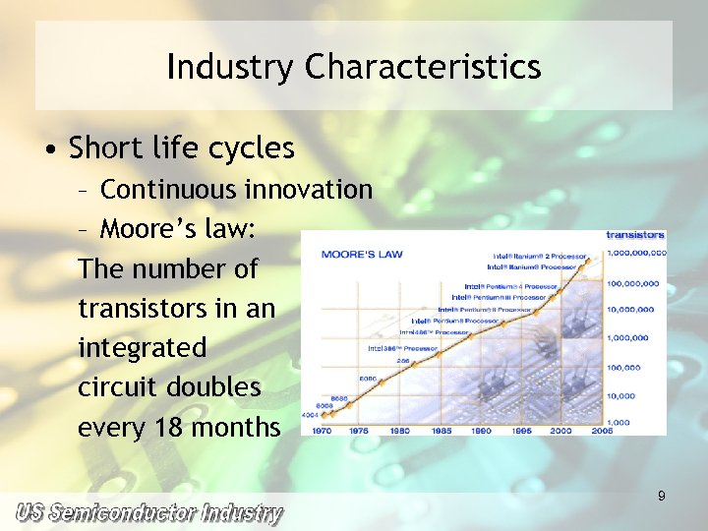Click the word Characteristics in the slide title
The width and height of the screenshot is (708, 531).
click(x=423, y=67)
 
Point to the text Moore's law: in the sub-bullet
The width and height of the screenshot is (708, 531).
click(x=178, y=229)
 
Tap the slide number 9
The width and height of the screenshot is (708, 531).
click(x=662, y=497)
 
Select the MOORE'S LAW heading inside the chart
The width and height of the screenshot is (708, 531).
click(x=362, y=255)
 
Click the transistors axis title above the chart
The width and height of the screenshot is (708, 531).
click(x=635, y=235)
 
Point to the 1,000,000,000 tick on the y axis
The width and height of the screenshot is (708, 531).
click(x=636, y=253)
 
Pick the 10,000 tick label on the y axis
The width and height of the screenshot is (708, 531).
click(x=622, y=396)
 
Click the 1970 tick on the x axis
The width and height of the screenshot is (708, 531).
click(x=324, y=430)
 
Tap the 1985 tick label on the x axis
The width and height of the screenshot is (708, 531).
click(x=442, y=430)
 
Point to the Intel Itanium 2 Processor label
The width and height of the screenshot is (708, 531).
click(x=539, y=256)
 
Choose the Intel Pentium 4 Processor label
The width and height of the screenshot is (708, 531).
click(x=510, y=286)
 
